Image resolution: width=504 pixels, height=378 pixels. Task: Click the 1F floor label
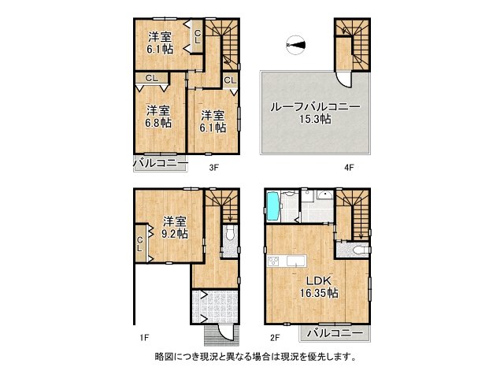click(144, 338)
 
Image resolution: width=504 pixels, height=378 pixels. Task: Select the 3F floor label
click(213, 167)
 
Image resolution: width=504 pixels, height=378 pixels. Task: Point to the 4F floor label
click(349, 167)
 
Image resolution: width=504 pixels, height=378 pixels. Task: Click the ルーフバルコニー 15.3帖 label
click(315, 113)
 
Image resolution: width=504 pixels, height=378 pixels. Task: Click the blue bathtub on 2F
click(272, 208)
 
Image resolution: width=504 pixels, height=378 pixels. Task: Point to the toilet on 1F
click(229, 235)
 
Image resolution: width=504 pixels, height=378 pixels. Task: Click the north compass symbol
click(296, 46)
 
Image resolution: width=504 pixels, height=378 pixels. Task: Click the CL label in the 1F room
click(140, 243)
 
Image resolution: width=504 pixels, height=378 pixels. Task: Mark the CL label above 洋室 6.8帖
click(151, 78)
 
